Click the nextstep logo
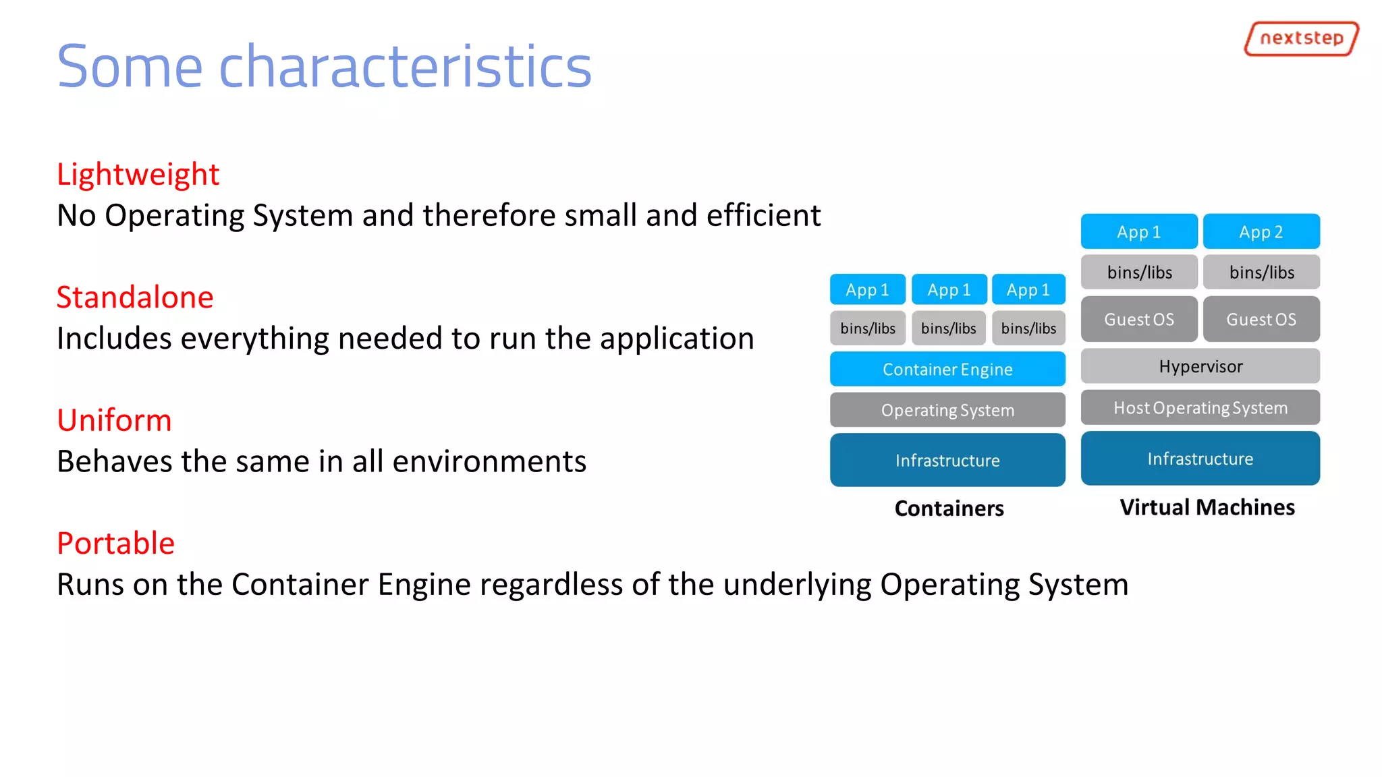point(1301,38)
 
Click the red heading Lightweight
point(138,175)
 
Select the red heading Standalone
point(135,297)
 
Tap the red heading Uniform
point(114,421)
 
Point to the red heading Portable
point(115,544)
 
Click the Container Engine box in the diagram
point(947,370)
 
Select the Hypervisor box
point(1200,367)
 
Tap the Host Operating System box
point(1200,408)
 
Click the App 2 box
point(1261,232)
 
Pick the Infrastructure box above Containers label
point(947,461)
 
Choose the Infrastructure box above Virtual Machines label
point(1200,459)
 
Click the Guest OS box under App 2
point(1261,320)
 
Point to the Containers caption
point(949,509)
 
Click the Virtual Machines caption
point(1207,507)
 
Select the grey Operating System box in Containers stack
point(947,410)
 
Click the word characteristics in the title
point(405,67)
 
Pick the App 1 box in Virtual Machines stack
point(1138,232)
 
